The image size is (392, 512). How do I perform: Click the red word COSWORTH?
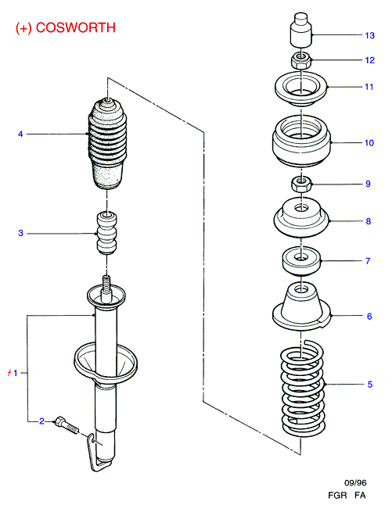point(76,27)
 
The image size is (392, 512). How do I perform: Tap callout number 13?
point(370,35)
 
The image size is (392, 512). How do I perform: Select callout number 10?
point(369,143)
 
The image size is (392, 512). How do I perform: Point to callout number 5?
point(370,385)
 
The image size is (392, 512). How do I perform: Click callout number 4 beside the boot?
point(20,134)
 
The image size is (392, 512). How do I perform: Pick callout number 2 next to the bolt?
point(41,421)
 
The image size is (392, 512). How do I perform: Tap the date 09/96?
point(355,482)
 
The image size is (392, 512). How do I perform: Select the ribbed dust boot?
point(107,144)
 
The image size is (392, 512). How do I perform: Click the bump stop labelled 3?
point(106,233)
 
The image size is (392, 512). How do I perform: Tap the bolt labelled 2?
point(67,424)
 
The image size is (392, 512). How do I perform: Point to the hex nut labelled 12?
point(300,59)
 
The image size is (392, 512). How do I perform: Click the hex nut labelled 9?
point(300,184)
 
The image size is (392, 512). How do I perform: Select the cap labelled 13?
point(301,30)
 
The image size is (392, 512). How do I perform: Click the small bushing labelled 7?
point(301,261)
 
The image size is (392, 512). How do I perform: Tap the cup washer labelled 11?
point(301,88)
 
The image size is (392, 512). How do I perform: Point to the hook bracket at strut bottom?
point(98,454)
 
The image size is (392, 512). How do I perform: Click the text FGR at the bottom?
point(337,496)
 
